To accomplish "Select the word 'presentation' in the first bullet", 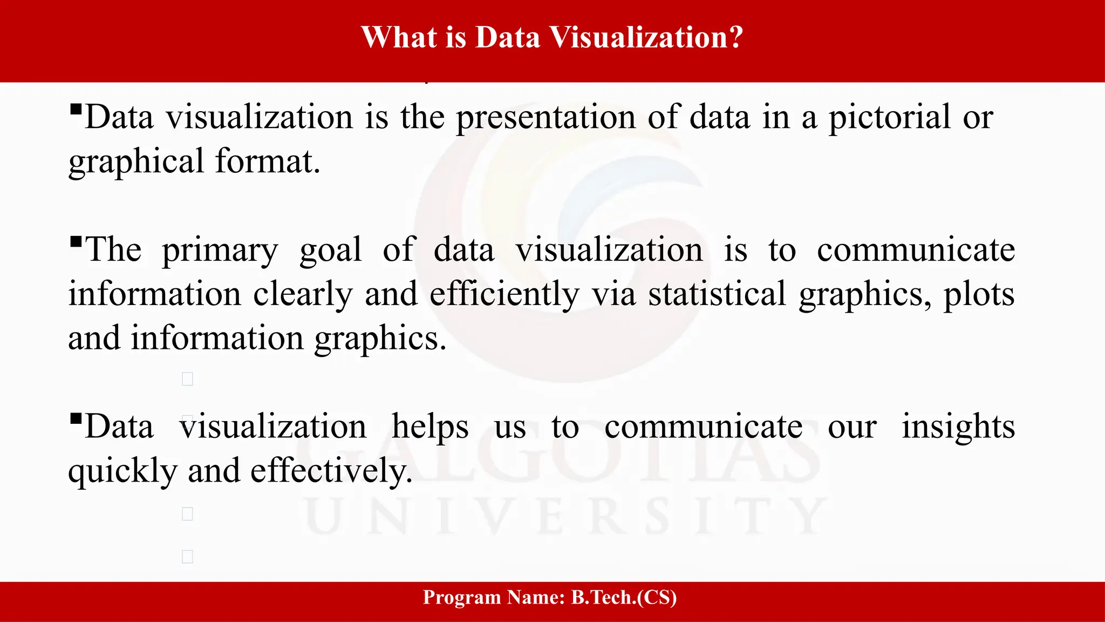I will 545,118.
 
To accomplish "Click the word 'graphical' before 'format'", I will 136,162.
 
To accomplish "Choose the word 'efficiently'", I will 504,295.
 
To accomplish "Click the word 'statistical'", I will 717,295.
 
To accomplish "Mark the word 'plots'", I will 979,295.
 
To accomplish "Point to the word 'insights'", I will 958,427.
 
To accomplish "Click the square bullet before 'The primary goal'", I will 76,241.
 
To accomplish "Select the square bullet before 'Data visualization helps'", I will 76,418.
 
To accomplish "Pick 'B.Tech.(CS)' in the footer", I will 624,597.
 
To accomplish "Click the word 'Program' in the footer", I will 462,597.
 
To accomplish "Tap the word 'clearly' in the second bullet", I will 303,295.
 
